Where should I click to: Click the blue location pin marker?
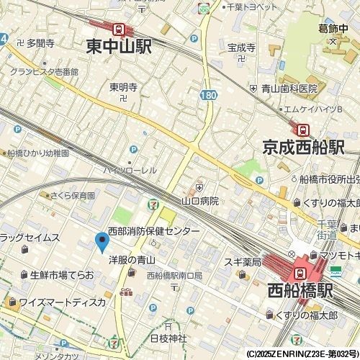[102, 242]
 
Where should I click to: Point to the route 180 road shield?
[207, 95]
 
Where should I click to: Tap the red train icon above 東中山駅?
[118, 29]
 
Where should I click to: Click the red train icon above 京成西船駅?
[303, 130]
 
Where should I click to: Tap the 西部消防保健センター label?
[153, 232]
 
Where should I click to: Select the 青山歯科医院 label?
[289, 89]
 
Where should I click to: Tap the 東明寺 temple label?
[123, 87]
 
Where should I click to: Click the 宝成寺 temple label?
[241, 48]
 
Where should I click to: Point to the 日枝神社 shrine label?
[168, 338]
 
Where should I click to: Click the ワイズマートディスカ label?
[62, 302]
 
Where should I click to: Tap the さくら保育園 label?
[72, 195]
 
